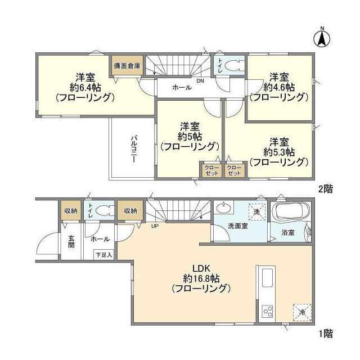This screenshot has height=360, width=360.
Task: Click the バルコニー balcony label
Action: point(135,148)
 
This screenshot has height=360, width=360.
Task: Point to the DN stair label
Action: point(200,81)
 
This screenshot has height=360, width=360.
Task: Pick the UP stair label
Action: point(154,227)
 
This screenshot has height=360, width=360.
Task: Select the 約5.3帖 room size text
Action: point(279,152)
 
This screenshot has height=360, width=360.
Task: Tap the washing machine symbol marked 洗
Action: point(256,213)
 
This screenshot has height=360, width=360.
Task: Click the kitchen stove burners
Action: point(266,310)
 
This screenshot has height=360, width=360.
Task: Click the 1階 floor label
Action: point(325,334)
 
